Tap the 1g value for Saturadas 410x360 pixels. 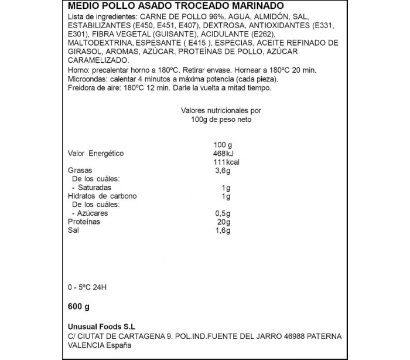coord(227,188)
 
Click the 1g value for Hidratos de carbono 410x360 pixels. coord(227,196)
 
